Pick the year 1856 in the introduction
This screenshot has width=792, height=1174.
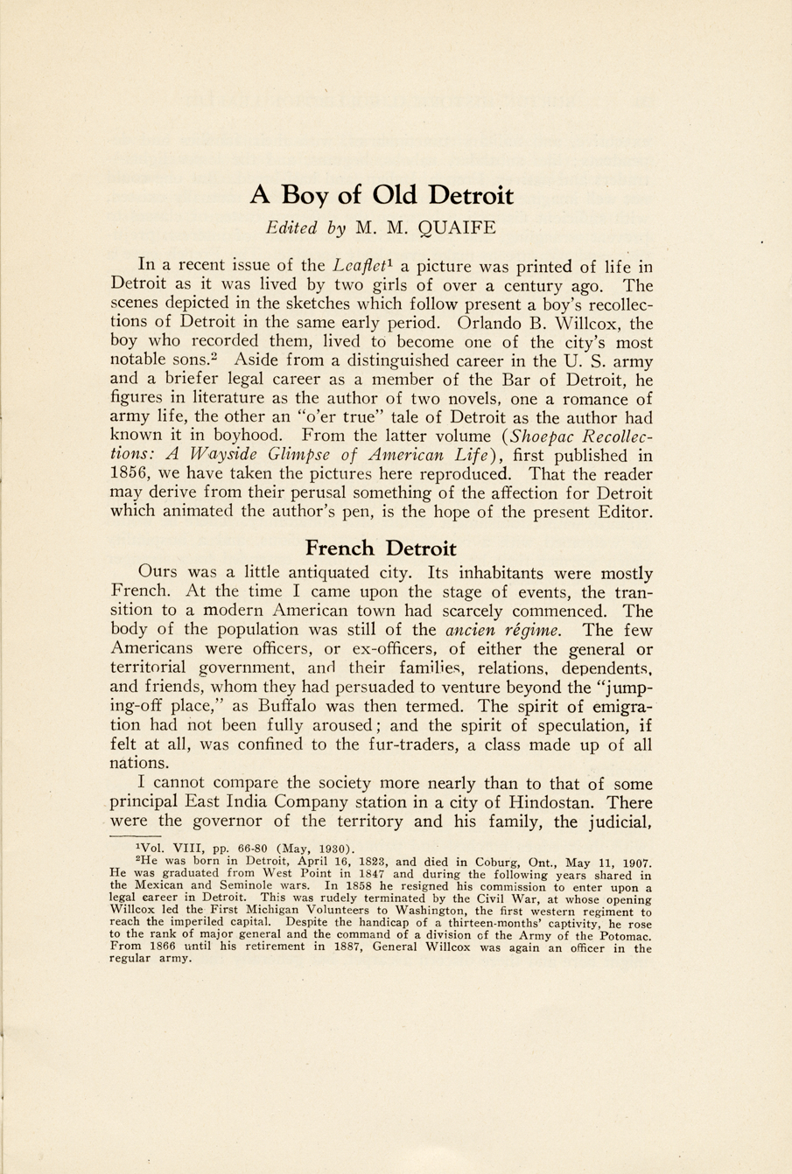point(133,474)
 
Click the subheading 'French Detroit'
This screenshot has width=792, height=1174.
point(381,549)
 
